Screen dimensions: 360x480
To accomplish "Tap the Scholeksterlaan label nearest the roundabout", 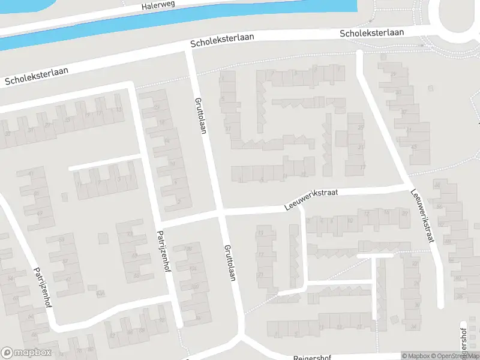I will [371, 33].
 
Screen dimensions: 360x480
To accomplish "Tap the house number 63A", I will [100, 293].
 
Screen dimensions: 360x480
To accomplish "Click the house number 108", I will [188, 248].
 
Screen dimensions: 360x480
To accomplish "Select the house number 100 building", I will [194, 287].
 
